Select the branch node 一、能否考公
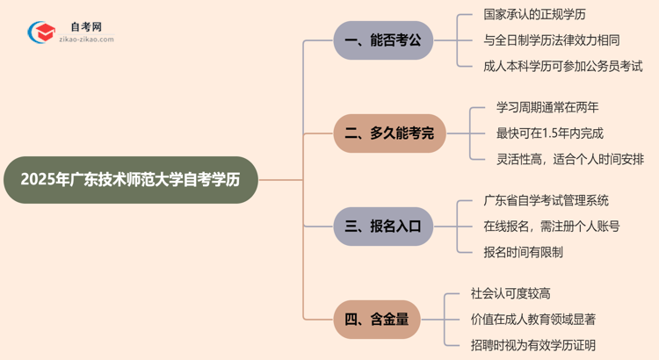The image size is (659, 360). click(x=383, y=40)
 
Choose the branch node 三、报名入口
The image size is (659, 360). click(x=383, y=227)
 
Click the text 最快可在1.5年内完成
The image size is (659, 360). click(x=549, y=133)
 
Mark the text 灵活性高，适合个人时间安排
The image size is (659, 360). click(x=569, y=159)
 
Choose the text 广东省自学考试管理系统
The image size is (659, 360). click(x=546, y=200)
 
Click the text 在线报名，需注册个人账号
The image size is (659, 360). click(x=551, y=227)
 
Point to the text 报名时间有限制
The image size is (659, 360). click(x=523, y=252)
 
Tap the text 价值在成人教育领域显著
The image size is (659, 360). click(x=545, y=319)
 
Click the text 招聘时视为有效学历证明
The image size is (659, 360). click(x=546, y=345)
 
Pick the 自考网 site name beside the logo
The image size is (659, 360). click(x=84, y=27)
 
